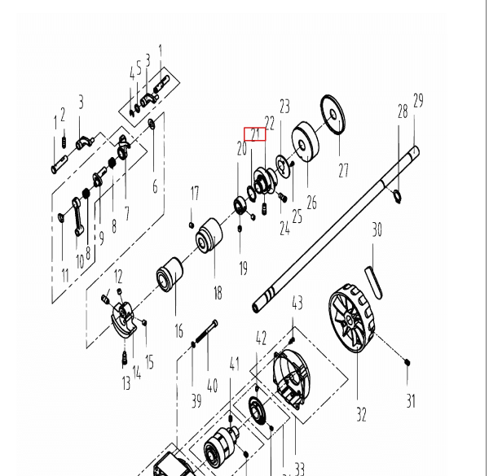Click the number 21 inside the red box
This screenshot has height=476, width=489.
tap(255, 134)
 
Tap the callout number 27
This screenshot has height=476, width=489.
tap(343, 170)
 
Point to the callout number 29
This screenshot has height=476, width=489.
tap(418, 101)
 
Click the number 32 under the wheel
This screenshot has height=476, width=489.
tap(361, 414)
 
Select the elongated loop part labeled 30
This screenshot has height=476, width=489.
tap(375, 276)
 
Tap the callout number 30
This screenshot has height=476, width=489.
tap(376, 231)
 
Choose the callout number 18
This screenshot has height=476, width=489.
tap(218, 293)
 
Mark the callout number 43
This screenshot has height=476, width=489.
tap(297, 304)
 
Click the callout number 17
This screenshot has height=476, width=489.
tap(194, 193)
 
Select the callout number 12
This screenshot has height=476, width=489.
tap(117, 277)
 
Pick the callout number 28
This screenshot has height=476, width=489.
tap(402, 111)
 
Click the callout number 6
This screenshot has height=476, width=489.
tap(155, 187)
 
